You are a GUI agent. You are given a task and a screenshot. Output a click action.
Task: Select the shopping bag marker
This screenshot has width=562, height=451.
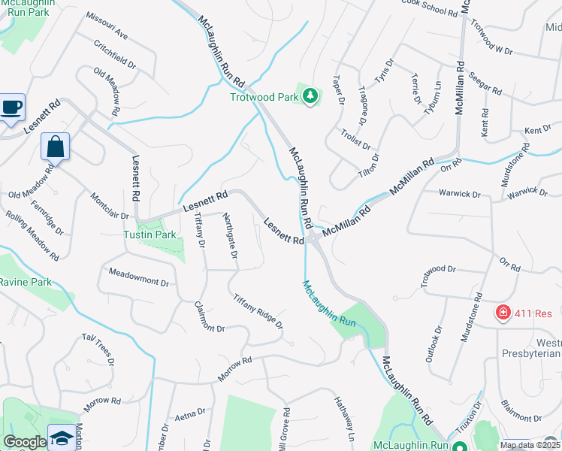point(56,147)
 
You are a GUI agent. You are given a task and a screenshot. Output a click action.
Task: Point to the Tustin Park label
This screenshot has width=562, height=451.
point(150,235)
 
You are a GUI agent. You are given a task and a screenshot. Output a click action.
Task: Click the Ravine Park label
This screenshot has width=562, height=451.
point(25,282)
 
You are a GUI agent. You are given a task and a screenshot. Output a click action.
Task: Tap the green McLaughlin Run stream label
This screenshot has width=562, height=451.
point(329,304)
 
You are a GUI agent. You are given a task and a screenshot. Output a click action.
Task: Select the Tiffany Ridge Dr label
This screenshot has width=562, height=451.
point(258,311)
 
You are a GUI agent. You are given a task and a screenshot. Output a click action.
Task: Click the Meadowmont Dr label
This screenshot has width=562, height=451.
point(139,276)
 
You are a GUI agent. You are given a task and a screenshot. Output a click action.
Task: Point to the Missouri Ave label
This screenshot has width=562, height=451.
point(107,26)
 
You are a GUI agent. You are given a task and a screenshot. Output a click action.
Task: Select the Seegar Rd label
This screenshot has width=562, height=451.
point(485,84)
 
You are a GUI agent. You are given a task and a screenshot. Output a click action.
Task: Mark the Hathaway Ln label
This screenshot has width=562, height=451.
point(343,418)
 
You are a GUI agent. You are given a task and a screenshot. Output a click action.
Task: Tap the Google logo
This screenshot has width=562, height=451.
point(25,442)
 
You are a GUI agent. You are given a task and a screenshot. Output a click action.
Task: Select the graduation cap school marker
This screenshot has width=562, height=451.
point(62,437)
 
